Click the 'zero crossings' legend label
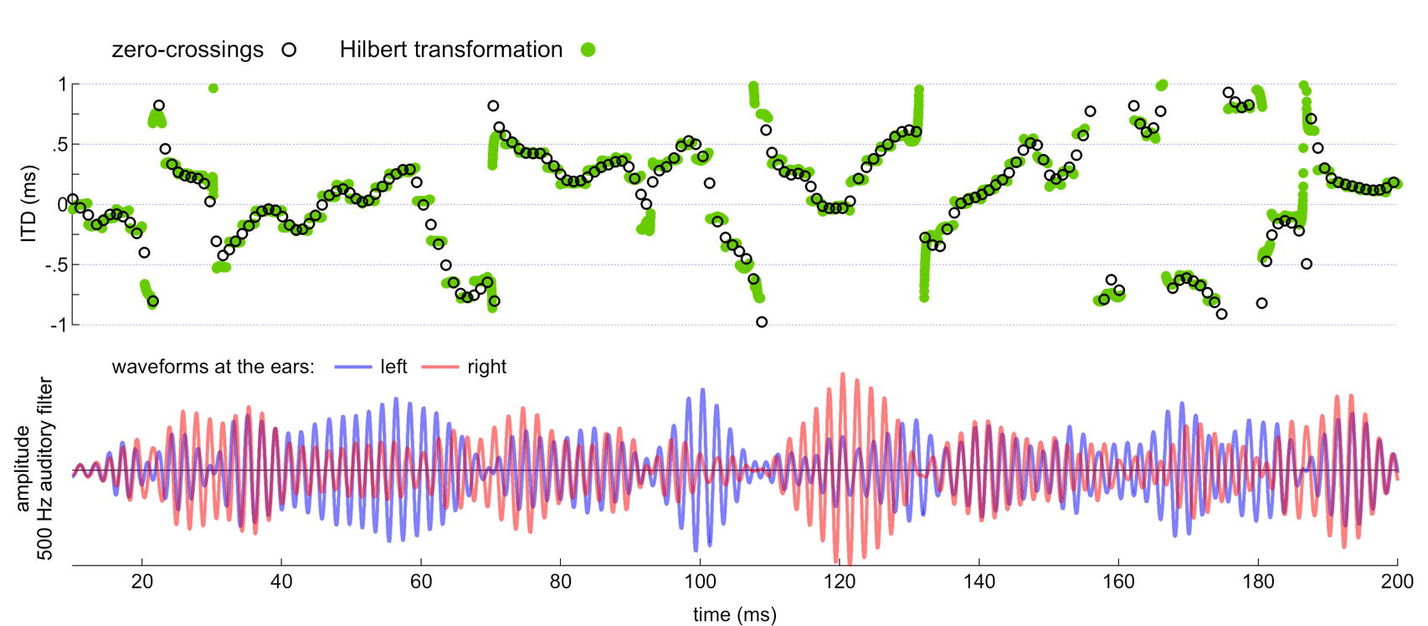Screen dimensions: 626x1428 coord(187,49)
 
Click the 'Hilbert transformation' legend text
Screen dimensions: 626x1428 coord(451,49)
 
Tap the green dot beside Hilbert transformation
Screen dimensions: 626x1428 coord(588,49)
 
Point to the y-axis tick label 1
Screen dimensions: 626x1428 coord(62,84)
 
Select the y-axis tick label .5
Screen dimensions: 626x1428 coord(60,144)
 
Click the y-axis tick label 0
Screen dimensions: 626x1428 coord(62,204)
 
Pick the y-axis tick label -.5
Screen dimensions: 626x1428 coord(57,264)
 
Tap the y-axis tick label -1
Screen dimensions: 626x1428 coord(58,325)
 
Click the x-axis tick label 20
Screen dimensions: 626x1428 coord(141,581)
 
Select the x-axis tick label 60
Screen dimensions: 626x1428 coord(421,581)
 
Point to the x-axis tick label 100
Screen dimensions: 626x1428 coord(700,581)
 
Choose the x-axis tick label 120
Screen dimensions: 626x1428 coord(840,581)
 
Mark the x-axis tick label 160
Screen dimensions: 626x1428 coord(1118,581)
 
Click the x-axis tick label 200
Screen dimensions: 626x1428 coord(1397,581)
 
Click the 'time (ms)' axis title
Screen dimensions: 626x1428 coord(735,614)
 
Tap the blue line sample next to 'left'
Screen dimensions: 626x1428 coord(352,367)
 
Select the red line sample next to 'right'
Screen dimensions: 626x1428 coord(440,367)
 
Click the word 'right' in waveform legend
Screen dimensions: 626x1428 coord(487,367)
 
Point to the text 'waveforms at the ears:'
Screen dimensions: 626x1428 coord(213,367)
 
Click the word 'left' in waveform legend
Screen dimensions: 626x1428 coord(393,367)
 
